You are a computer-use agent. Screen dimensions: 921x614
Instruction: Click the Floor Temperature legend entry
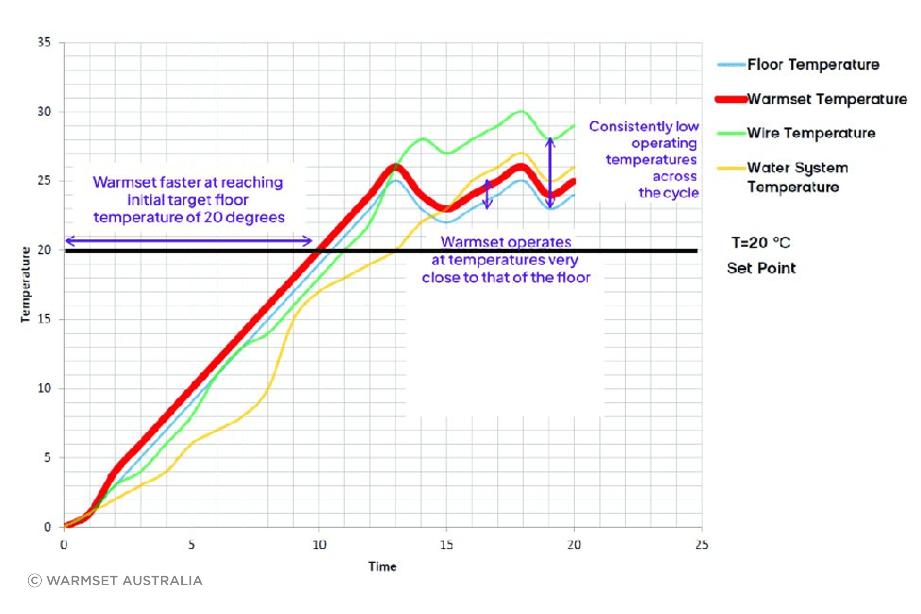(x=813, y=64)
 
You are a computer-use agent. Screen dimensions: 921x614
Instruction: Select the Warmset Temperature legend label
(x=827, y=99)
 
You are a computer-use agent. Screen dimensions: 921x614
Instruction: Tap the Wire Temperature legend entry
(x=811, y=133)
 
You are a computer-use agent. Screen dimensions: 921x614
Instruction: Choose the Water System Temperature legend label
(x=797, y=177)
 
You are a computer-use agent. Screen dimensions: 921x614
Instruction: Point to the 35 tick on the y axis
(x=44, y=42)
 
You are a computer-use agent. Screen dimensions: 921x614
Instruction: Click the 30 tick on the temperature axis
(x=44, y=112)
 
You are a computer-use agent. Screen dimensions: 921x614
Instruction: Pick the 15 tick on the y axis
(x=44, y=319)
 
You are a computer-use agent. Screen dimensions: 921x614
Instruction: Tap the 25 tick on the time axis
(x=702, y=545)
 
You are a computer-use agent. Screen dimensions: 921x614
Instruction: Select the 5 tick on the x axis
(x=191, y=545)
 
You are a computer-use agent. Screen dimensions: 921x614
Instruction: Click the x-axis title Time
(x=382, y=567)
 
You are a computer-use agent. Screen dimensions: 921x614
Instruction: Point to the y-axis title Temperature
(x=25, y=284)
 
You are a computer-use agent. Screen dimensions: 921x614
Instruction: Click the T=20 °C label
(x=761, y=243)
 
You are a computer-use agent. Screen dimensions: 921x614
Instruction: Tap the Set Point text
(x=761, y=268)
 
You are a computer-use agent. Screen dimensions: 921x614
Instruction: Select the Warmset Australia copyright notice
(x=115, y=581)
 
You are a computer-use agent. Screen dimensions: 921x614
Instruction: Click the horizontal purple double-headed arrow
(x=189, y=241)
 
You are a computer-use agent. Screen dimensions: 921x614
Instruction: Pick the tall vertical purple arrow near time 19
(x=550, y=173)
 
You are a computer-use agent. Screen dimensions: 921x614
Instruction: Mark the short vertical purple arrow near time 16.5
(x=487, y=194)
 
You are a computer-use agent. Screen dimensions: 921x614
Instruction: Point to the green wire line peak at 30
(x=521, y=112)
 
